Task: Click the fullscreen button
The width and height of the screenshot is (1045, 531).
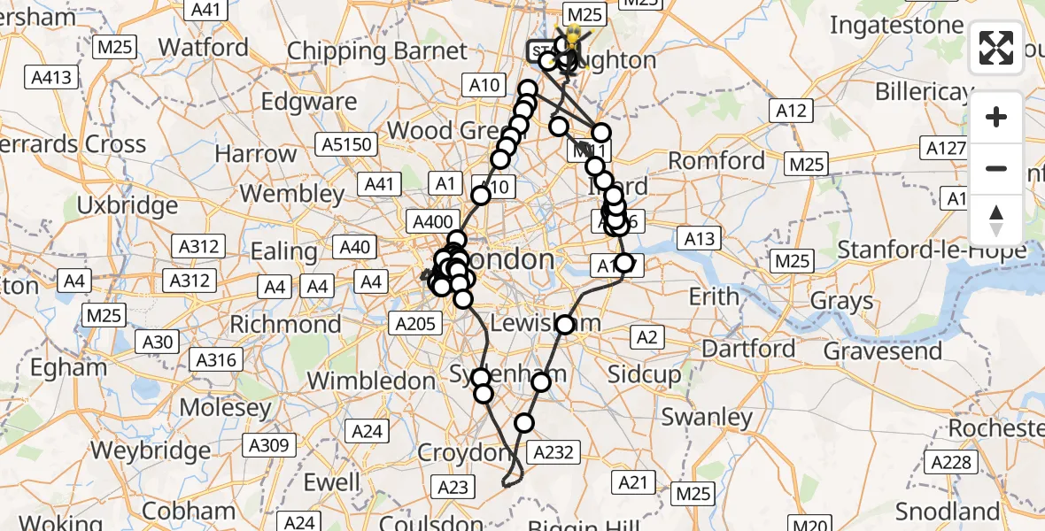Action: click(x=996, y=48)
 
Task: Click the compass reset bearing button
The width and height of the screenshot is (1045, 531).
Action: click(x=996, y=220)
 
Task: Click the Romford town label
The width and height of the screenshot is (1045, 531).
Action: click(x=716, y=161)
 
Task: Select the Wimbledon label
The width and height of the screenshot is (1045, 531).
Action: click(x=371, y=381)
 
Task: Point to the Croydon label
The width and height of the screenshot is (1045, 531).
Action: click(x=465, y=453)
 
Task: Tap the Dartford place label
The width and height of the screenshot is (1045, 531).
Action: click(x=749, y=349)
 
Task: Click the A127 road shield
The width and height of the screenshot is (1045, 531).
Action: click(x=945, y=147)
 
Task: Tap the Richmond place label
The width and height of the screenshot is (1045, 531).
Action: click(x=285, y=324)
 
